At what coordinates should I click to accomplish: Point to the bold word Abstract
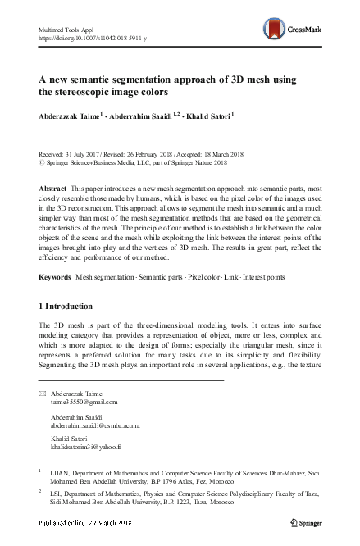[x=52, y=189]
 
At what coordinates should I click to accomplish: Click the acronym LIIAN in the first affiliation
[x=61, y=472]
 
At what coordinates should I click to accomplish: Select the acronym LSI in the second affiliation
[x=57, y=494]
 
